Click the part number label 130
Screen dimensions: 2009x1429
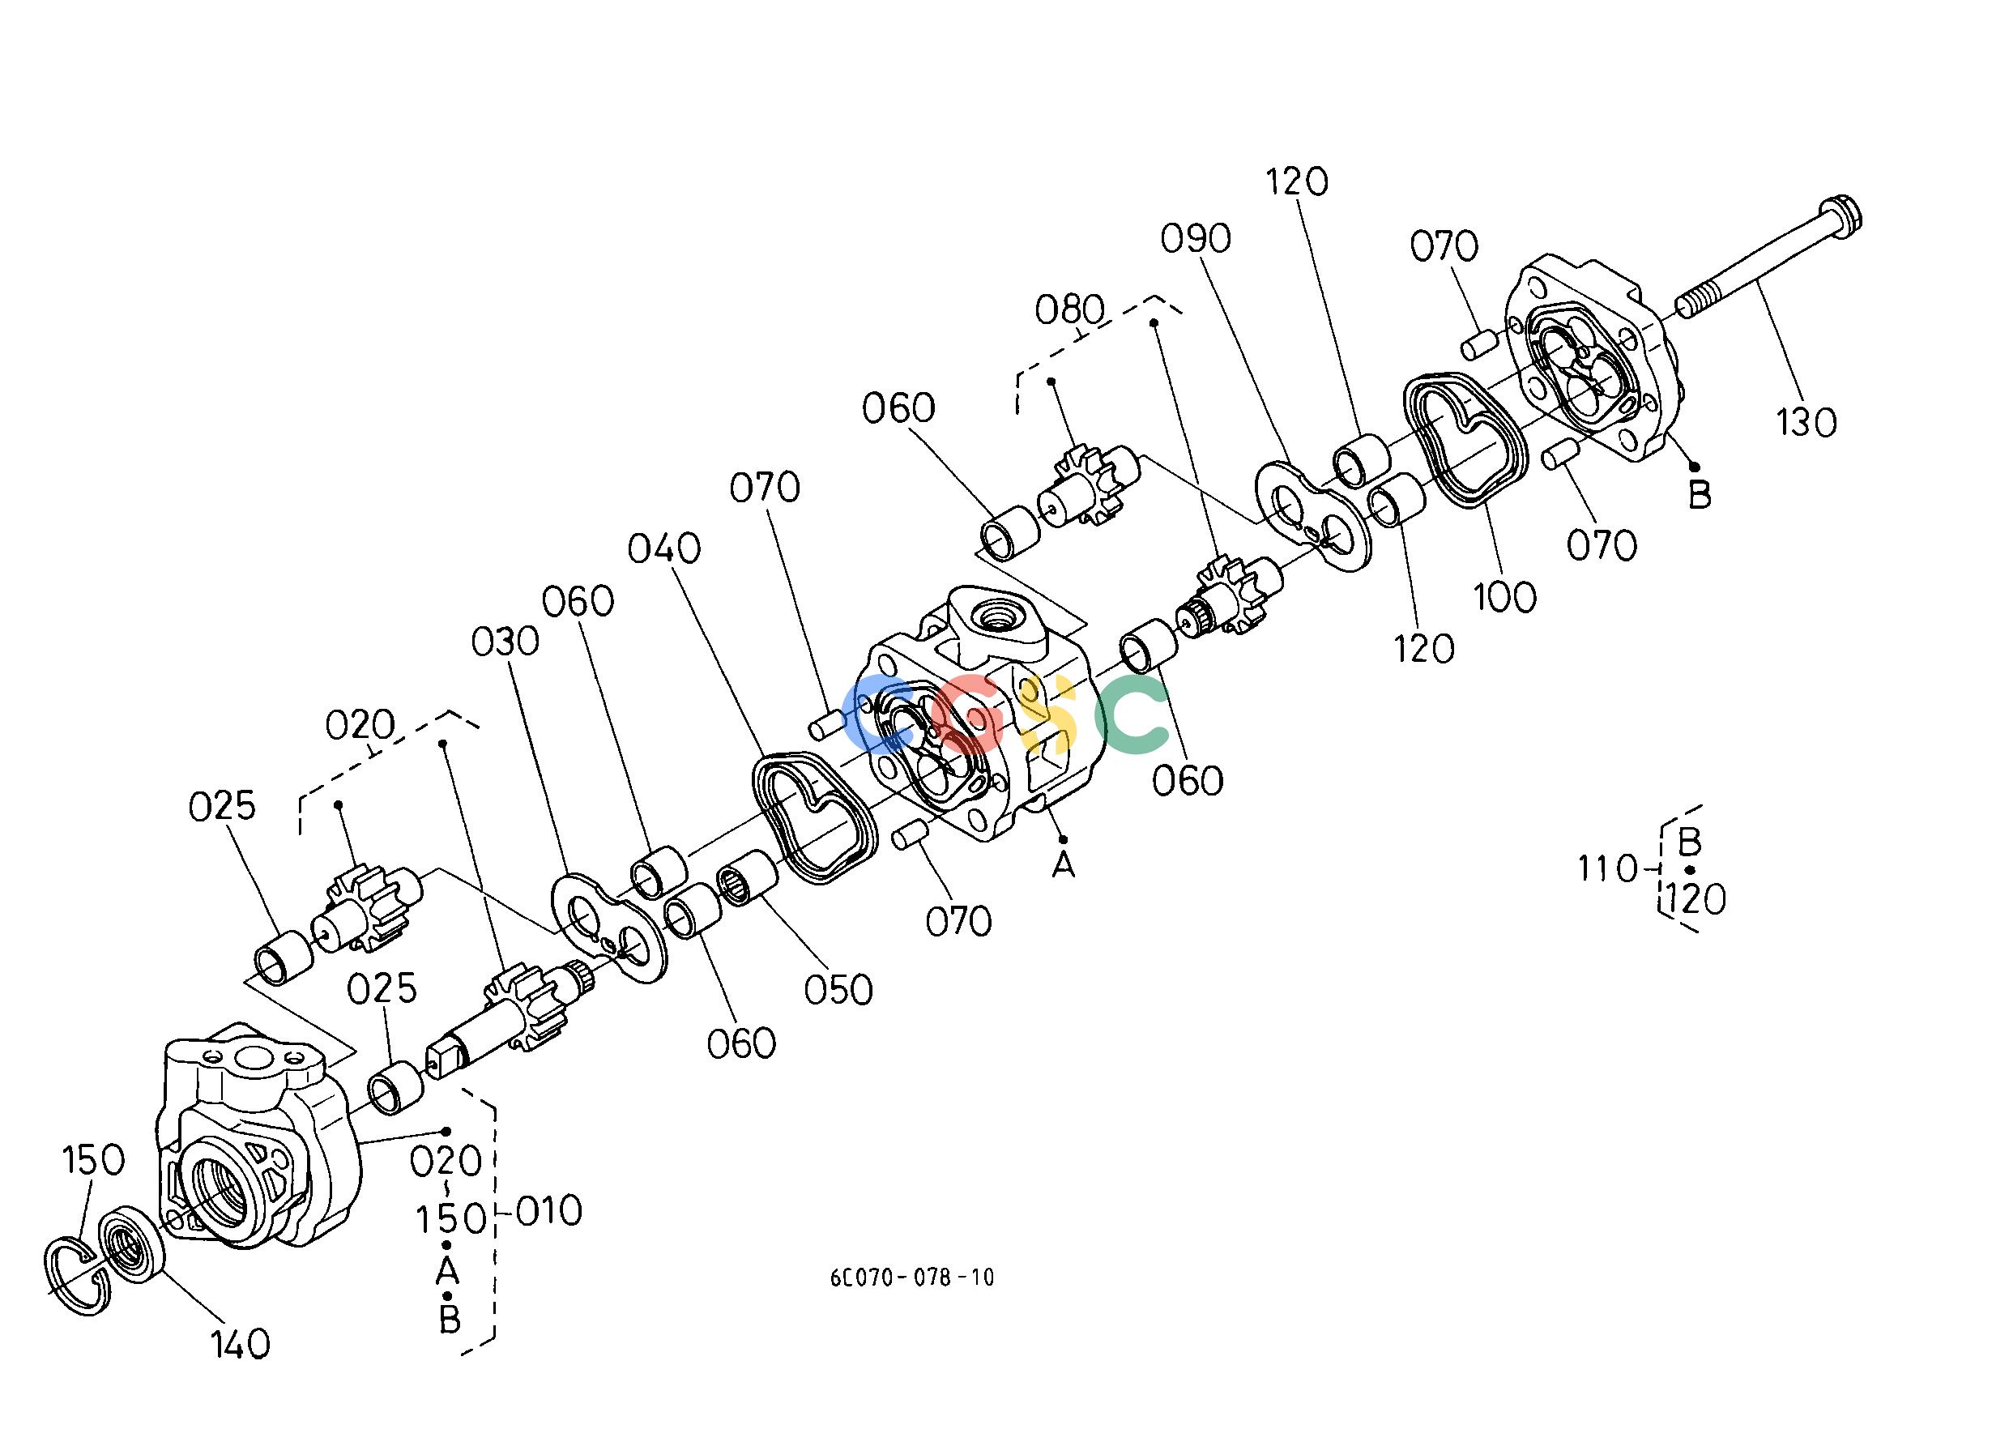point(1806,423)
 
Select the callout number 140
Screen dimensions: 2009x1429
point(239,1344)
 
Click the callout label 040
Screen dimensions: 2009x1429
point(664,549)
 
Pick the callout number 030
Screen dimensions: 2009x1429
point(505,642)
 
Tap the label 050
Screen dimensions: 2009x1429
point(838,990)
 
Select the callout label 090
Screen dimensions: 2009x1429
point(1196,238)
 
